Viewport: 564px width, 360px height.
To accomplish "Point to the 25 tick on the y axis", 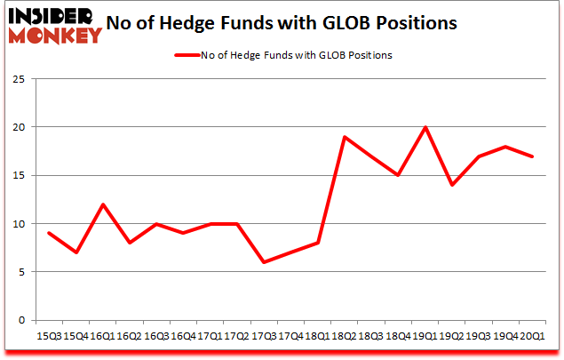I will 19,79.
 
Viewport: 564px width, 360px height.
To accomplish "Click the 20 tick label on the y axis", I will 19,127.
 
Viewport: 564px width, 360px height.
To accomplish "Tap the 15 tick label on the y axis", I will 19,175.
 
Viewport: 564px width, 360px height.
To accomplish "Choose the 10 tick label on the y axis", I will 19,224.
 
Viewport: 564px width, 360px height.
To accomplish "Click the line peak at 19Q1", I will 425,127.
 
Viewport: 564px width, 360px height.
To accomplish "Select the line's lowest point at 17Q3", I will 263,262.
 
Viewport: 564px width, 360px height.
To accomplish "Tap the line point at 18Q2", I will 344,137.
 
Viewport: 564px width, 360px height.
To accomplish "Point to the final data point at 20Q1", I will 532,156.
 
